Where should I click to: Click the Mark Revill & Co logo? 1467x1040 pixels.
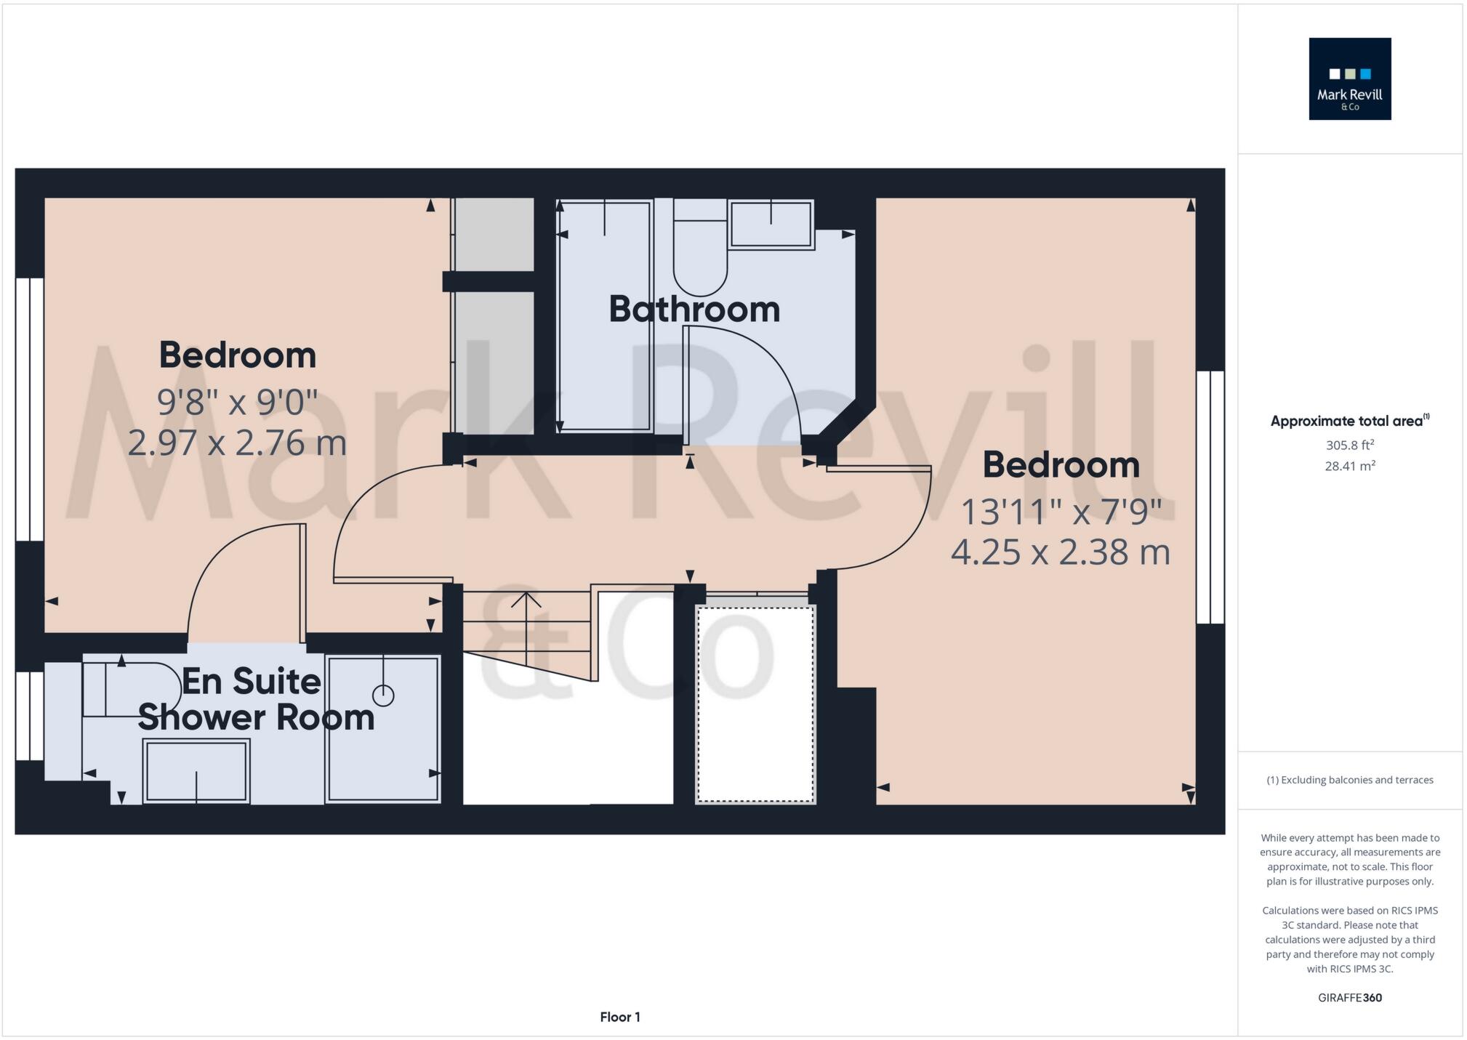pyautogui.click(x=1349, y=78)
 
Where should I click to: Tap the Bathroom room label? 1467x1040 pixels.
pyautogui.click(x=694, y=309)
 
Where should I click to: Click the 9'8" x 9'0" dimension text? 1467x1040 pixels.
pyautogui.click(x=237, y=402)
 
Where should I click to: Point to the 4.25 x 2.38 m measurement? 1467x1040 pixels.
pyautogui.click(x=1060, y=552)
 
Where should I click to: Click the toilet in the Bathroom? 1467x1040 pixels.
pyautogui.click(x=699, y=251)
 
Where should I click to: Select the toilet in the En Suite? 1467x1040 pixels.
pyautogui.click(x=131, y=689)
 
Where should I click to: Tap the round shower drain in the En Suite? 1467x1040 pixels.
pyautogui.click(x=383, y=696)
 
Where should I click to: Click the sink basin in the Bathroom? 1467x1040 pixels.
pyautogui.click(x=771, y=225)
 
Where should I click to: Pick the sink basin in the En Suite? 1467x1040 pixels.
pyautogui.click(x=196, y=770)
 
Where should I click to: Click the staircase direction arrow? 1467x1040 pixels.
pyautogui.click(x=526, y=600)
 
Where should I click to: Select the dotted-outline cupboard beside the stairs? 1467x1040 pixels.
pyautogui.click(x=755, y=704)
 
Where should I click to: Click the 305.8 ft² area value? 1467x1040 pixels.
pyautogui.click(x=1349, y=445)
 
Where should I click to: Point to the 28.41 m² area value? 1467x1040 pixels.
pyautogui.click(x=1349, y=466)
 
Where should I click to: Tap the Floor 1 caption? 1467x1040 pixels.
pyautogui.click(x=620, y=1017)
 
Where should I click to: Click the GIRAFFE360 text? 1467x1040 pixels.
pyautogui.click(x=1349, y=998)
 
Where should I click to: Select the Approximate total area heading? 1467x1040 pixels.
pyautogui.click(x=1349, y=421)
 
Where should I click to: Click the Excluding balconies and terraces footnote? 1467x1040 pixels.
pyautogui.click(x=1349, y=780)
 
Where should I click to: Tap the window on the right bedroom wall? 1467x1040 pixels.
pyautogui.click(x=1210, y=497)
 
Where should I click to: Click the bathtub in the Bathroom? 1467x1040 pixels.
pyautogui.click(x=605, y=317)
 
